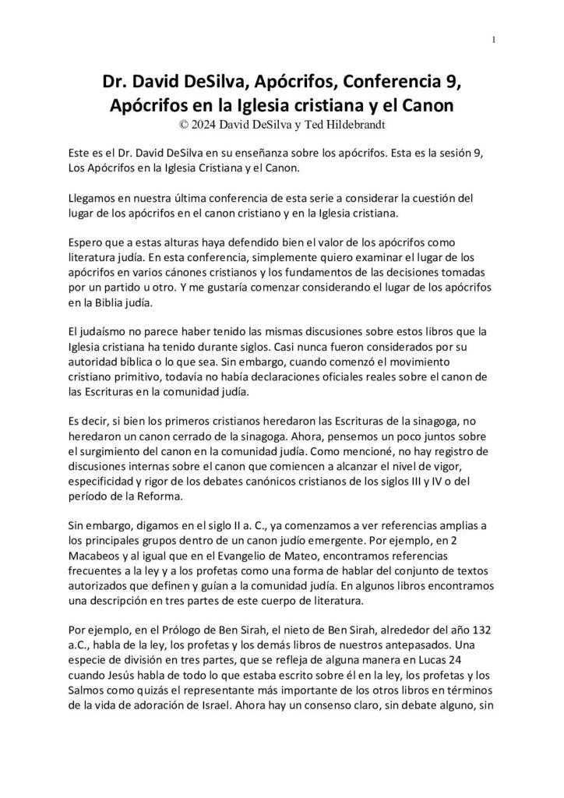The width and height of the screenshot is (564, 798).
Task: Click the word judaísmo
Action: [x=97, y=332]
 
